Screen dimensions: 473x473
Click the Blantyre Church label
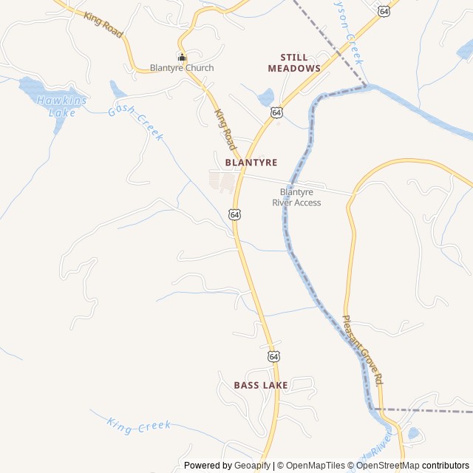pos(182,68)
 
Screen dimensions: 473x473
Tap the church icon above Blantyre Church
pos(182,58)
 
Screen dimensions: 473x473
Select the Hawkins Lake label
pos(62,106)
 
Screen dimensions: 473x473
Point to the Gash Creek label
pos(135,120)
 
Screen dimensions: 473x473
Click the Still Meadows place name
pos(294,63)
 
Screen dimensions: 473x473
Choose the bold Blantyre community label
pos(246,162)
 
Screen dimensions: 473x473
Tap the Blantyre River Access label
pos(296,197)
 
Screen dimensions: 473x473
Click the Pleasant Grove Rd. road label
pos(362,350)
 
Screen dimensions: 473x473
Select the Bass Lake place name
pos(261,385)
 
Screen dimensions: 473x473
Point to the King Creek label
pos(139,425)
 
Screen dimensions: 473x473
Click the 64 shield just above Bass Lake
pos(274,356)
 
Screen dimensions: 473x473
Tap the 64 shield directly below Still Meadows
pos(276,112)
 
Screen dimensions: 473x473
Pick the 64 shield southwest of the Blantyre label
pos(234,214)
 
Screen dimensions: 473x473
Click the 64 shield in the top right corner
pos(383,11)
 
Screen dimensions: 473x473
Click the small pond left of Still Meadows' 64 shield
pos(265,97)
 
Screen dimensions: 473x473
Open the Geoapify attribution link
pos(253,466)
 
